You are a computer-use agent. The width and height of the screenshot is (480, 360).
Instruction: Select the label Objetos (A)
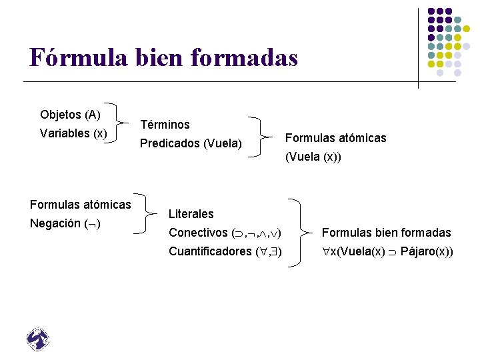coord(70,115)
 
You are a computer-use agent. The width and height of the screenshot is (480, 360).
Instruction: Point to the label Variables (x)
coord(73,133)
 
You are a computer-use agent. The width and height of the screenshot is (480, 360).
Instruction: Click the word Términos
coord(165,125)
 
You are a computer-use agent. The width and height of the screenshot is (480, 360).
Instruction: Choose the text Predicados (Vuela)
coord(191,143)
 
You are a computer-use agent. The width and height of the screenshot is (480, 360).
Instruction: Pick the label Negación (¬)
coord(65,223)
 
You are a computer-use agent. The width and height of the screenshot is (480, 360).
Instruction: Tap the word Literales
coord(191,214)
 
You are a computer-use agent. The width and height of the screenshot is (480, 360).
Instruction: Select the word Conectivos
coord(198,233)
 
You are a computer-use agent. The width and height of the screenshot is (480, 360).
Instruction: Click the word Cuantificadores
coord(211,251)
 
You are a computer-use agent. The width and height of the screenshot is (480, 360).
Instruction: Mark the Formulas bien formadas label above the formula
coord(386,233)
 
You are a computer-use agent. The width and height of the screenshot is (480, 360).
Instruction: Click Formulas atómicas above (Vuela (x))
coord(335,138)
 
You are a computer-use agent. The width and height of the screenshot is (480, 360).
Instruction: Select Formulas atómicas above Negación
coord(80,204)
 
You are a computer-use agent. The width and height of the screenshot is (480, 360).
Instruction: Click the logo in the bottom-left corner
coord(38,339)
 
